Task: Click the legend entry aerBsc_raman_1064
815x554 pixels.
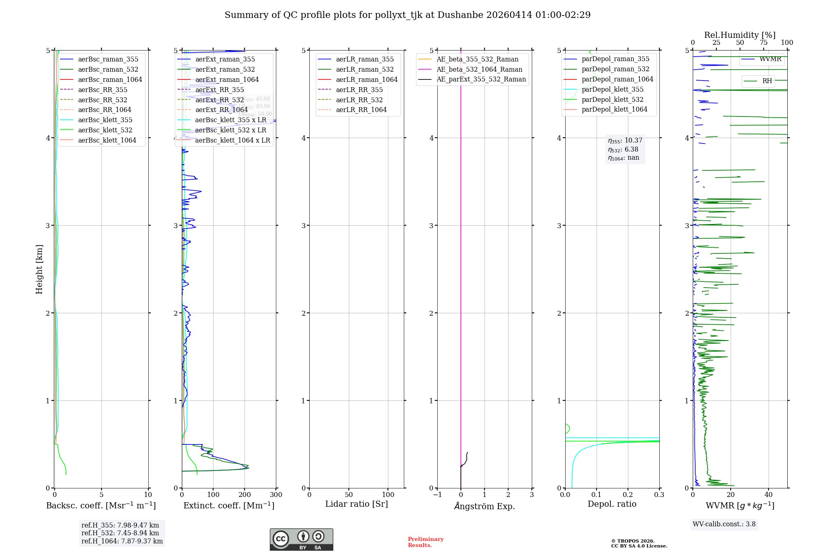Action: [110, 79]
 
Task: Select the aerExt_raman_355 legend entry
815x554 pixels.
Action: [225, 59]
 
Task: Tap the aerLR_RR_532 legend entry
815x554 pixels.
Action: [359, 100]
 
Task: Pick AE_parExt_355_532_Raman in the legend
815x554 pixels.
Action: [481, 79]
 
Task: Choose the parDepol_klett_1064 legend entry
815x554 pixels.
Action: [615, 109]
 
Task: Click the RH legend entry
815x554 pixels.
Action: [767, 81]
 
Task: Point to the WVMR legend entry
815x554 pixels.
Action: [770, 59]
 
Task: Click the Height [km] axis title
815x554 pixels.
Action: [39, 269]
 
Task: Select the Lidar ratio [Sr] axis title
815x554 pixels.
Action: [357, 504]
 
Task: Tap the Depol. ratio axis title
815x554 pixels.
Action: [612, 504]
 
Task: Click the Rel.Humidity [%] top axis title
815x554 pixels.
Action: [740, 35]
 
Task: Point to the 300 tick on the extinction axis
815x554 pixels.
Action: [276, 495]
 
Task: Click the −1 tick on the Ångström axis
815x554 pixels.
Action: [437, 495]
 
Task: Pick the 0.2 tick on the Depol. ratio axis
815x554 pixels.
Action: [628, 495]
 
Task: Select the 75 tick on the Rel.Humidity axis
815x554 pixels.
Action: [763, 43]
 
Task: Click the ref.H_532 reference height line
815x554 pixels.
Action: [120, 533]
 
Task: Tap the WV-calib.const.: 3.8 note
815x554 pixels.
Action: [724, 524]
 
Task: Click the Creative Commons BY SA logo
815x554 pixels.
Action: [301, 540]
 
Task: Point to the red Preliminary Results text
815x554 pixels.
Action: [425, 542]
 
